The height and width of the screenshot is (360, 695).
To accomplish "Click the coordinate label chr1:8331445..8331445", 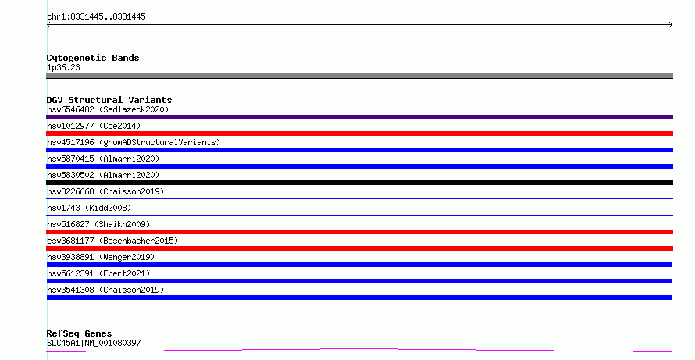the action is coord(96,17).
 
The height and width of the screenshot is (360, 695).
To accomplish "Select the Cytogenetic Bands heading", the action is coord(93,58).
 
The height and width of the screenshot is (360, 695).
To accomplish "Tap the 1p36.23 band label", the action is coord(63,67).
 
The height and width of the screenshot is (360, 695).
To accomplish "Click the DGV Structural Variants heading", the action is coord(109,100).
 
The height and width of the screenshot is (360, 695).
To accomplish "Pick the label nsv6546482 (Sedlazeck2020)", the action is coord(108,109).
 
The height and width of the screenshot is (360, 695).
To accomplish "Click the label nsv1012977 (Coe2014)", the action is coord(94,126).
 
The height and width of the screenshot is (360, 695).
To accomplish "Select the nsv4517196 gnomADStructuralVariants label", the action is coord(134,142).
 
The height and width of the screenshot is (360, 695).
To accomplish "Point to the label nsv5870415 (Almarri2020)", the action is coord(103,159).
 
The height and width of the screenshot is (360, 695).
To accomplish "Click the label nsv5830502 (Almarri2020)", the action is coord(103,175).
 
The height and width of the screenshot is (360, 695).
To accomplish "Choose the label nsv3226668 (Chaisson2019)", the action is coord(105,191).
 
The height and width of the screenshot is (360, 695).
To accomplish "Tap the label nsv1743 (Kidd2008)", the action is coord(89,208).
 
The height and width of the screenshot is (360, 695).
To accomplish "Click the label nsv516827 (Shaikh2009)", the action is coord(98,224).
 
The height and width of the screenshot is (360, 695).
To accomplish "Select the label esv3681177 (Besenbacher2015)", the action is coord(112,241).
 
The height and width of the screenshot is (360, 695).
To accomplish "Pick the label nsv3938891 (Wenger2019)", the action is coord(101,257).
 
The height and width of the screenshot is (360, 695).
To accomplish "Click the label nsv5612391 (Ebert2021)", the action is coord(98,273).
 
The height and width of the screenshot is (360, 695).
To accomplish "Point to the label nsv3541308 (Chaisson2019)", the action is coord(105,290).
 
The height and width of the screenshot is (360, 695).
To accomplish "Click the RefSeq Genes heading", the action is coord(79,333).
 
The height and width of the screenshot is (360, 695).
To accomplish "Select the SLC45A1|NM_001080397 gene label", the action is coord(94,343).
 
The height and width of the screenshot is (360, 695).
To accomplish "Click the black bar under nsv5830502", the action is coord(359,183).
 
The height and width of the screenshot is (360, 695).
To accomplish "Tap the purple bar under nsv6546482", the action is coord(359,117).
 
